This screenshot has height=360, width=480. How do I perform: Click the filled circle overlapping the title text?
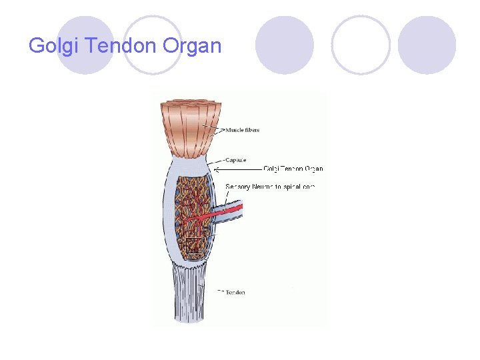pyautogui.click(x=85, y=45)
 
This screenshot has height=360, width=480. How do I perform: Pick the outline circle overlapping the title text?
pyautogui.click(x=153, y=45)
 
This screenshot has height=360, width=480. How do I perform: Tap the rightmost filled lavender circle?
pyautogui.click(x=427, y=45)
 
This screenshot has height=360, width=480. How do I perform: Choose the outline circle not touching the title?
pyautogui.click(x=361, y=45)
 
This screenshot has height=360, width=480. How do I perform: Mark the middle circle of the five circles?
pyautogui.click(x=285, y=45)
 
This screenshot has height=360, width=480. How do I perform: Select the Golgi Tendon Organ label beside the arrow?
pyautogui.click(x=293, y=169)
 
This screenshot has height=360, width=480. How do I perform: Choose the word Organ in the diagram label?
pyautogui.click(x=313, y=169)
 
